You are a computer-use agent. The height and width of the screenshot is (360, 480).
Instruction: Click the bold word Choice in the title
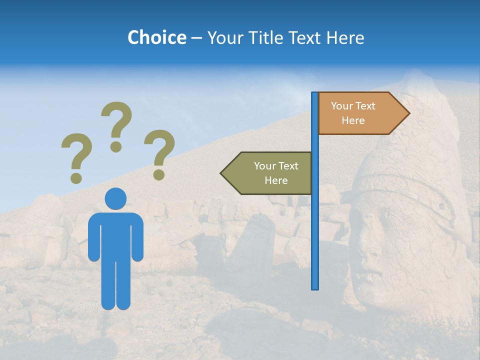tap(156, 37)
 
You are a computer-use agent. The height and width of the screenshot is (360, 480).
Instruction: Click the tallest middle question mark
tap(116, 120)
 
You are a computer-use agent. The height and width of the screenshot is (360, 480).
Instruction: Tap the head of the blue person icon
tap(115, 198)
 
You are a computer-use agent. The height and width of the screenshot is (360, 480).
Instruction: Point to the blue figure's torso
tap(115, 235)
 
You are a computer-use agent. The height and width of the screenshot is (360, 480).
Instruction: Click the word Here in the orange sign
tap(353, 120)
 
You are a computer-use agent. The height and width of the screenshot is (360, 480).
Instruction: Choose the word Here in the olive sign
tap(276, 180)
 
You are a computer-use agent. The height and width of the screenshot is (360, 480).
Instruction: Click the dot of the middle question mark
tap(116, 146)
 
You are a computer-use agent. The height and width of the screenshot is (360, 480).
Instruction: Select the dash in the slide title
tap(196, 38)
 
